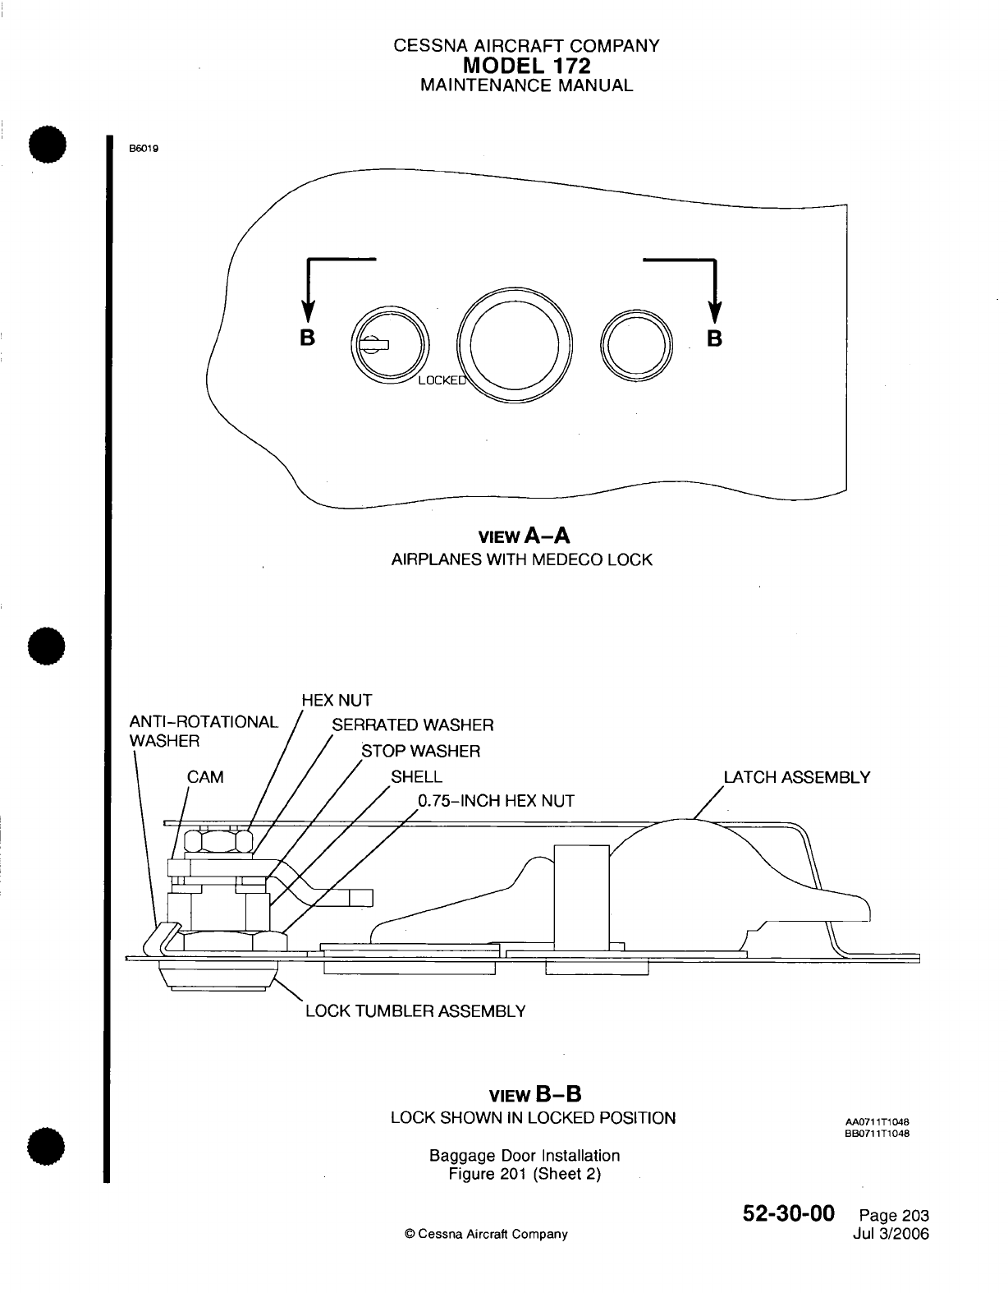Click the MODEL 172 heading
tap(526, 65)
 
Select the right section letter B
tap(715, 338)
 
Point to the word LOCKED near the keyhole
tap(442, 380)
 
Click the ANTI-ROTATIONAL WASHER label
tap(204, 731)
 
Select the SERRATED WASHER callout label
tap(412, 725)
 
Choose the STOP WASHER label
tap(421, 752)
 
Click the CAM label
tap(205, 777)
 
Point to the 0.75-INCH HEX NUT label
tap(496, 801)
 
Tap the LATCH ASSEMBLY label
tap(796, 777)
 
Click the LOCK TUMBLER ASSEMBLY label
tap(415, 1011)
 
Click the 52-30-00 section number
tap(788, 1213)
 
